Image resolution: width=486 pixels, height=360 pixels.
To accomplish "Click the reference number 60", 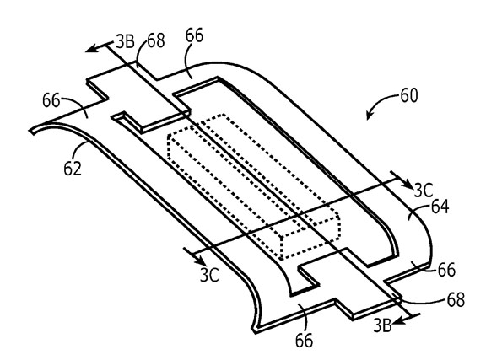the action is point(409,95).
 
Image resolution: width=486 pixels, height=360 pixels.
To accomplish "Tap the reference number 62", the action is point(73,169).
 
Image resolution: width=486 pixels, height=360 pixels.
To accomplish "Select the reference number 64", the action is point(440,207).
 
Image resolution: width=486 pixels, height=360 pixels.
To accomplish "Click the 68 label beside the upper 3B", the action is point(156,40).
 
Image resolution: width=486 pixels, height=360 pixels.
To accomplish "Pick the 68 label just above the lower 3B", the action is point(456,299).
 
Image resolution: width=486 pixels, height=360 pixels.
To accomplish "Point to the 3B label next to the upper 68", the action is point(125,41).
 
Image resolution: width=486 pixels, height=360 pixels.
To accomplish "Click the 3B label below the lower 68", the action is point(382,325).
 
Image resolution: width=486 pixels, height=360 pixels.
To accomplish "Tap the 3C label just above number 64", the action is point(424,191).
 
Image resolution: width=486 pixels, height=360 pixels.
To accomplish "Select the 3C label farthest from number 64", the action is point(209,275).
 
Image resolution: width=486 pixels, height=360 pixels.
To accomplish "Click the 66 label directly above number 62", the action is point(51,100).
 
